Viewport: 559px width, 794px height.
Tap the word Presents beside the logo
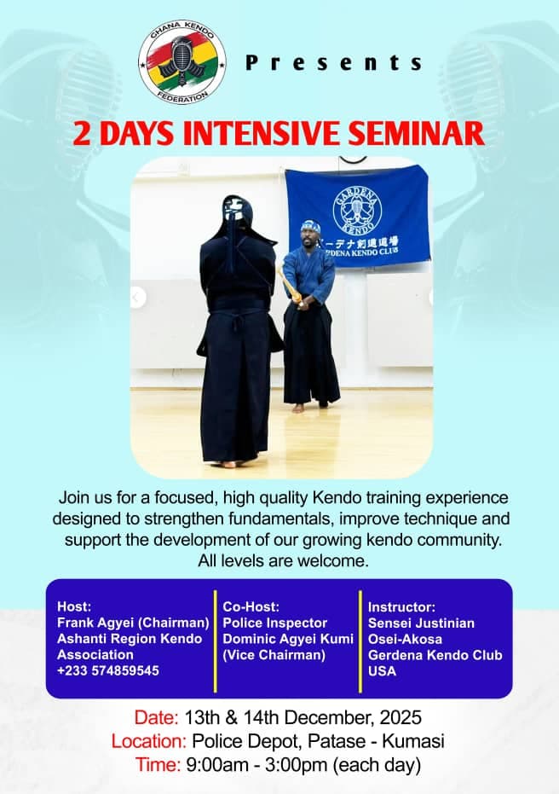coord(334,63)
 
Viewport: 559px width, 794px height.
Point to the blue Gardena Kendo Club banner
coord(357,217)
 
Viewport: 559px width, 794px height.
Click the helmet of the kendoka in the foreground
coord(237,218)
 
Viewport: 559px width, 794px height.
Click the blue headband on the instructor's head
coord(310,227)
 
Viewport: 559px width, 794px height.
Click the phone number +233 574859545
coord(108,671)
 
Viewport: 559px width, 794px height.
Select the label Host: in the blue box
coord(72,606)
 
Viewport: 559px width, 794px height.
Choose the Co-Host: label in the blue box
coord(251,606)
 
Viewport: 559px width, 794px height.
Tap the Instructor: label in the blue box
coord(402,606)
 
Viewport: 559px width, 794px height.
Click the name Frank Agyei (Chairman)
coord(133,623)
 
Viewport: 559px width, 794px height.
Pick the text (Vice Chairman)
coord(274,655)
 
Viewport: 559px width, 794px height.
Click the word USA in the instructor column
coord(383,671)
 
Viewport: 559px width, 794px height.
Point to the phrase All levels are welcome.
coord(279,560)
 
